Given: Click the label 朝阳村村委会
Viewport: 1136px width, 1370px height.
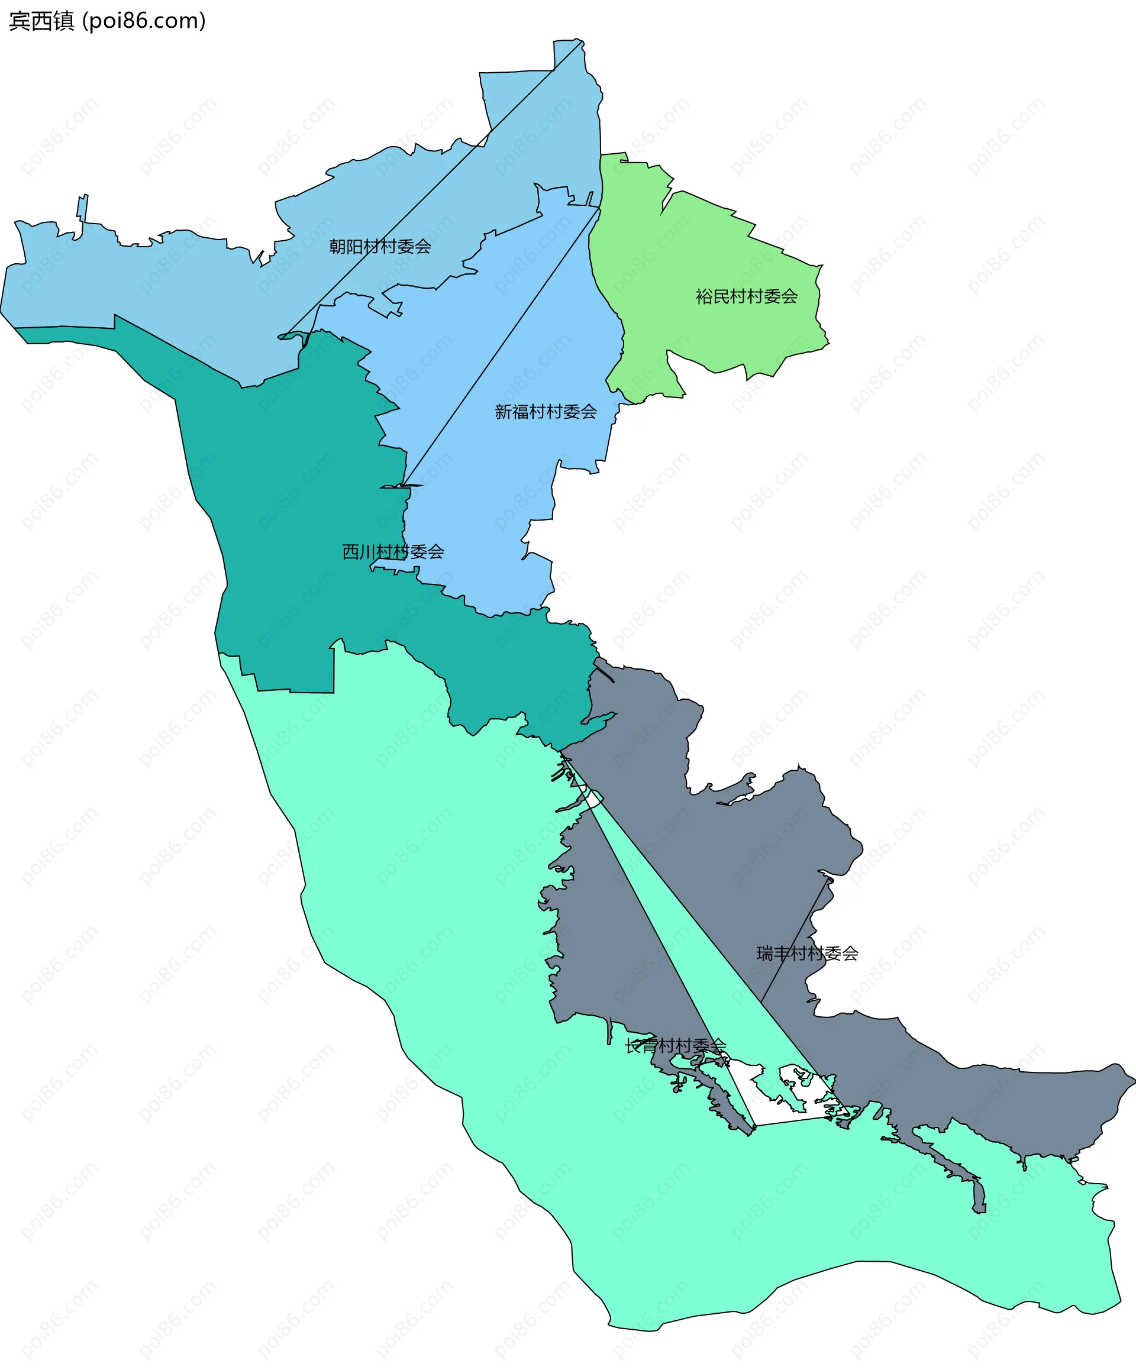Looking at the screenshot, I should click(x=380, y=247).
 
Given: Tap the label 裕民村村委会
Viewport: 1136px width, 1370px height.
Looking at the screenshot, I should click(x=747, y=297).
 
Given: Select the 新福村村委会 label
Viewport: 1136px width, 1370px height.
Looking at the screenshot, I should click(x=546, y=412).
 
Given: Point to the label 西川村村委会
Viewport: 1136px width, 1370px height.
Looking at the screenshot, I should click(x=393, y=552).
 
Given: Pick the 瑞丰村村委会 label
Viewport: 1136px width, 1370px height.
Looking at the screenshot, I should click(x=807, y=954).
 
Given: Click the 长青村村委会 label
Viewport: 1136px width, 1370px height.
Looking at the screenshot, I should click(x=675, y=1046).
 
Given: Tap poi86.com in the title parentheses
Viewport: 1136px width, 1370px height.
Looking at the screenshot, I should click(x=145, y=21).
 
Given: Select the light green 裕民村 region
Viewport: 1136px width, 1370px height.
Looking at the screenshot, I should click(x=718, y=261).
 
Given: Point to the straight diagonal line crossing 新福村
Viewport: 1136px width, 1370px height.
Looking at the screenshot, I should click(x=502, y=346).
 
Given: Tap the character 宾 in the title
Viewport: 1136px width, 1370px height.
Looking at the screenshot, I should click(x=20, y=21).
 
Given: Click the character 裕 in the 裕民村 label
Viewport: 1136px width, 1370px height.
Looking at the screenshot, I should click(x=704, y=297).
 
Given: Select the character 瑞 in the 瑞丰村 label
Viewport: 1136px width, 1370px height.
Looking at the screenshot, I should click(x=764, y=954).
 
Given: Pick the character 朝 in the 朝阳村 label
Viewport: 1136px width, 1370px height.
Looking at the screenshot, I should click(x=337, y=247).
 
